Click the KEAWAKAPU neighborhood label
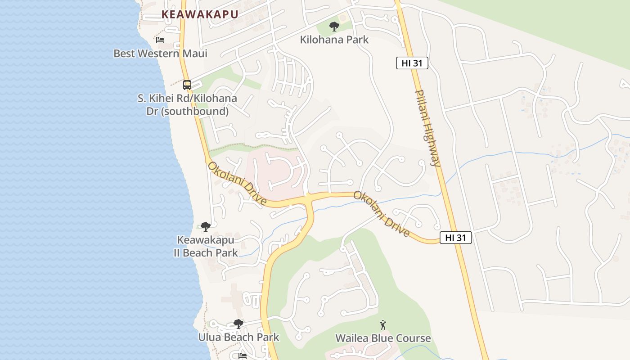tap(200, 14)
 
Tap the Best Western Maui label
tap(160, 54)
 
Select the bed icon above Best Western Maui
tap(160, 40)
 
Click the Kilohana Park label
tap(334, 40)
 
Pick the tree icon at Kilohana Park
tap(334, 27)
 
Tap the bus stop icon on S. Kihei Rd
tap(187, 85)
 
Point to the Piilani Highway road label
tap(427, 128)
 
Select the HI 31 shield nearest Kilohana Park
tap(412, 63)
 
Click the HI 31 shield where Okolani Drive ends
tap(456, 238)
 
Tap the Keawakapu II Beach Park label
tap(206, 246)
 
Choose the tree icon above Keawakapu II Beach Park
tap(206, 226)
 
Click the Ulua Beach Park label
tap(238, 337)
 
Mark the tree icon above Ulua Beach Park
tap(238, 324)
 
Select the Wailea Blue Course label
tap(383, 338)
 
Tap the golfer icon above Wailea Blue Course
tap(383, 324)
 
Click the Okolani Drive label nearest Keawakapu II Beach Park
tap(237, 184)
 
